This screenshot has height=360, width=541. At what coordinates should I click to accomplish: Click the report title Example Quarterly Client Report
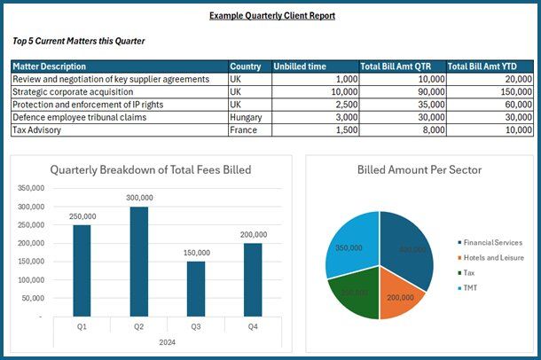(272, 15)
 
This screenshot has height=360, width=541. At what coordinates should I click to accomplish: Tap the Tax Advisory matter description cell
(35, 129)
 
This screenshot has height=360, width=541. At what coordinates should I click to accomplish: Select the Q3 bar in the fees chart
(196, 288)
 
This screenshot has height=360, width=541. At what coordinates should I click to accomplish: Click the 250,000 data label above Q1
(82, 216)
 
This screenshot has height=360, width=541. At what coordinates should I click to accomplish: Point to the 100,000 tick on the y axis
(31, 279)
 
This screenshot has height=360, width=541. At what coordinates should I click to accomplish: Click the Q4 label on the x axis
(254, 326)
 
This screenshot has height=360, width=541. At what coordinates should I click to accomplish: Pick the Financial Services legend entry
(492, 242)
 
